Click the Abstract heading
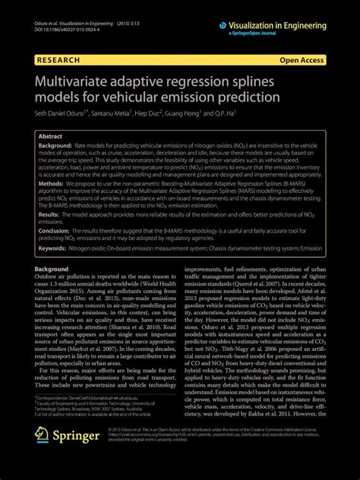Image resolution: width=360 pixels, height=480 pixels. [50, 135]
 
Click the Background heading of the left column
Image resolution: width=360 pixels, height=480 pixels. [51, 269]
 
